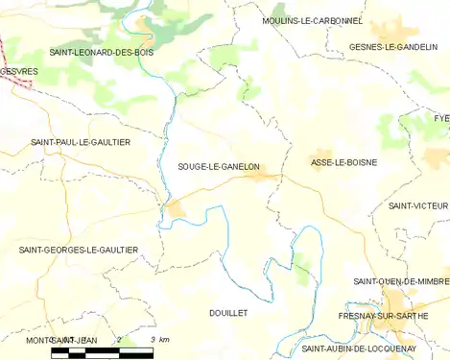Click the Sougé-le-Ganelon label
219,166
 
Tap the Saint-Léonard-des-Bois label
101,52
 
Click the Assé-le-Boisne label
343,162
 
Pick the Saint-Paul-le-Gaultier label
81,142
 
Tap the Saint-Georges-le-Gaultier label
79,250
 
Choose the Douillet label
228,313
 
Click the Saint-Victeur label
418,205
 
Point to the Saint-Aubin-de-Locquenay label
359,348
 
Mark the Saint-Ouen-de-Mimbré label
401,280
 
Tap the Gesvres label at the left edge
19,71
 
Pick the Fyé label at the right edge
440,117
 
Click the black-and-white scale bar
101,352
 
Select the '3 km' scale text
159,340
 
